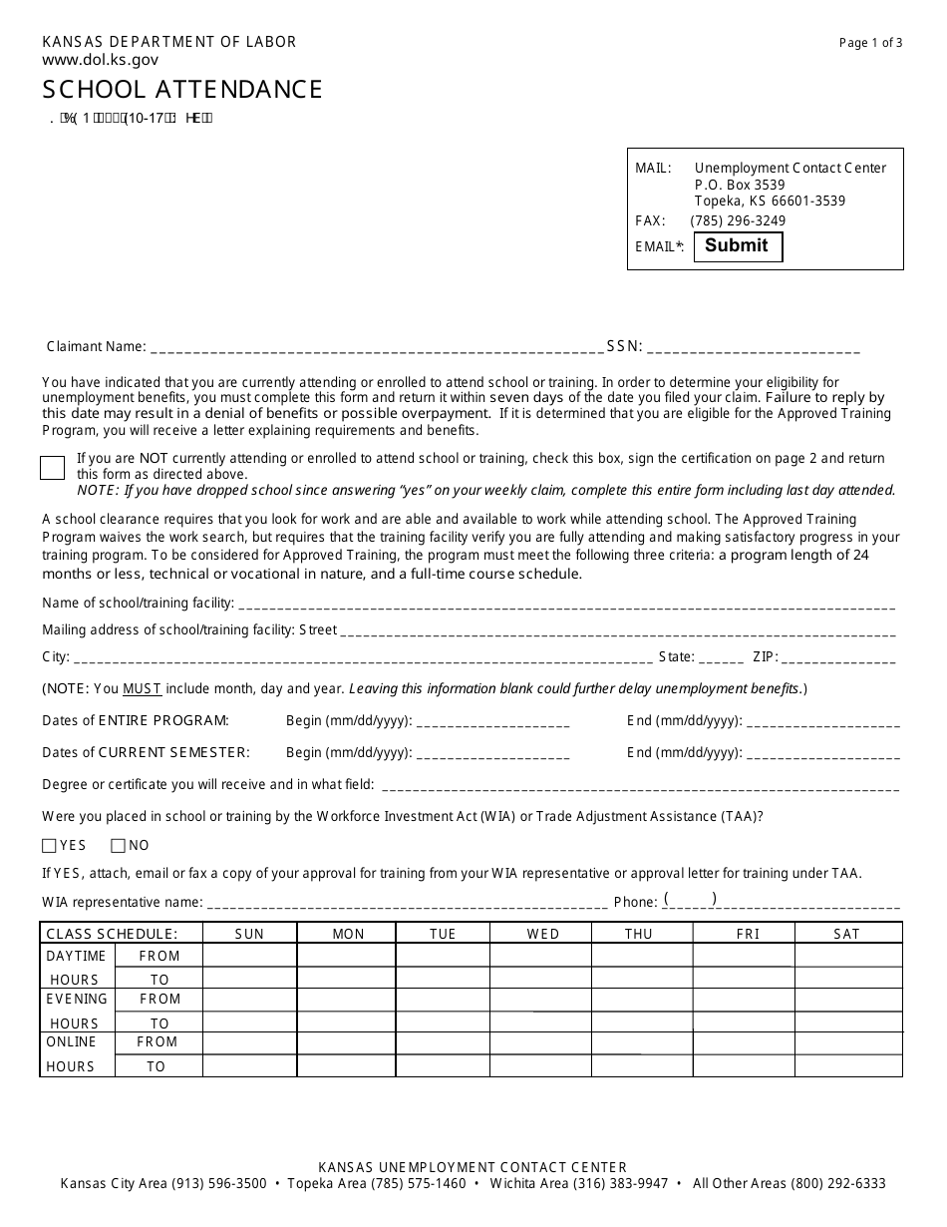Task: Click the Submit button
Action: tap(737, 246)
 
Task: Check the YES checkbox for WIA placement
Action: tap(50, 846)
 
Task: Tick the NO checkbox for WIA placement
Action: tap(118, 846)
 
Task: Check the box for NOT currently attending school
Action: tap(52, 467)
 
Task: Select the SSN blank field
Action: tap(754, 347)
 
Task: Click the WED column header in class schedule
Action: tap(543, 934)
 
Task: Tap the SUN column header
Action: tap(249, 934)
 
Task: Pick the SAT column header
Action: tap(847, 934)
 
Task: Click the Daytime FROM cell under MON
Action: tap(346, 956)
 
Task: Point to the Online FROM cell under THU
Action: tap(642, 1042)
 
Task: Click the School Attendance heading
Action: tap(182, 90)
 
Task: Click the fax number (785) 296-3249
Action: tap(738, 221)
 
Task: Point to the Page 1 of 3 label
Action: tap(871, 43)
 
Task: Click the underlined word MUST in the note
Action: tap(143, 689)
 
